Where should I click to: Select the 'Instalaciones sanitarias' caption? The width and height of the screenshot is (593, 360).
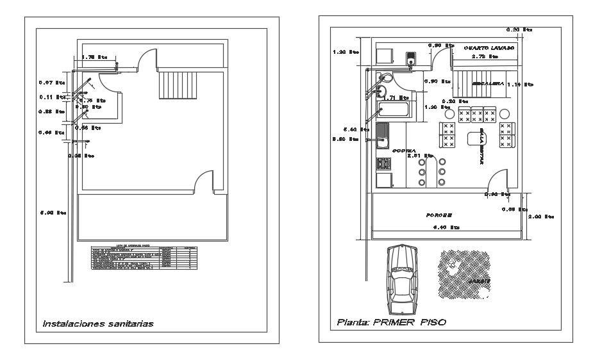pyautogui.click(x=98, y=323)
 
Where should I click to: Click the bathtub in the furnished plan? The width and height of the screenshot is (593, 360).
pyautogui.click(x=396, y=110)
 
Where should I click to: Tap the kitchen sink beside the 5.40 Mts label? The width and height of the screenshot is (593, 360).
pyautogui.click(x=383, y=135)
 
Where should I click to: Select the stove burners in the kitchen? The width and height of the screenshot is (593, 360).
pyautogui.click(x=384, y=163)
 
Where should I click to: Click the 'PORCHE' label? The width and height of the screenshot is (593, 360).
pyautogui.click(x=439, y=215)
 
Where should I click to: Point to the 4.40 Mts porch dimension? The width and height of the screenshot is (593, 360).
pyautogui.click(x=447, y=227)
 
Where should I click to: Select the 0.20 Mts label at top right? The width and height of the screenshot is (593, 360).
pyautogui.click(x=519, y=29)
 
